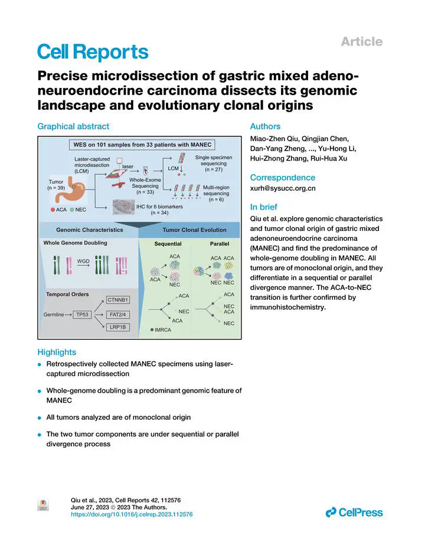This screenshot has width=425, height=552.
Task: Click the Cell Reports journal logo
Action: [93, 52]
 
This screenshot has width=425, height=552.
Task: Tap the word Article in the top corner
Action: [361, 41]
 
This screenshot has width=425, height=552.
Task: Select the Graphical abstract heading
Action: [73, 126]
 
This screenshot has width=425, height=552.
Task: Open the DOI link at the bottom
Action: [132, 514]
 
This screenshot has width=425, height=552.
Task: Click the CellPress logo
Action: [354, 512]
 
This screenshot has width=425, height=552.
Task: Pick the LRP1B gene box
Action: [119, 327]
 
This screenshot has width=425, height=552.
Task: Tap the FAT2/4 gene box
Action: [119, 315]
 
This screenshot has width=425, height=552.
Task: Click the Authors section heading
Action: [265, 126]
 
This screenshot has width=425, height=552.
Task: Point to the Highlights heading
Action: [57, 352]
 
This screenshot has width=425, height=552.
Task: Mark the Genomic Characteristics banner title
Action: [90, 230]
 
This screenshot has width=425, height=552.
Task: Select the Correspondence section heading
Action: [283, 177]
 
